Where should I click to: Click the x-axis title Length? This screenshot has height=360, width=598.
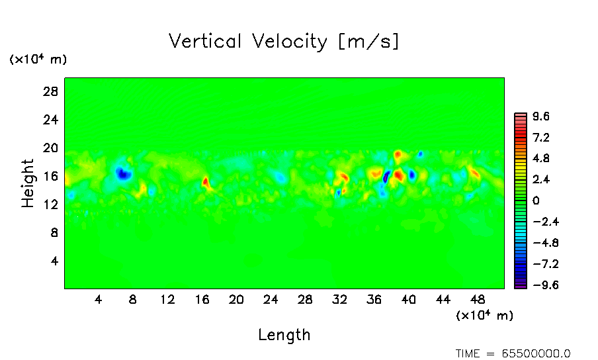[284, 335]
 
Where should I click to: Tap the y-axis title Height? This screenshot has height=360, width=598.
[28, 183]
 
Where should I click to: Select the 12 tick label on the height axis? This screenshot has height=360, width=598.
[51, 204]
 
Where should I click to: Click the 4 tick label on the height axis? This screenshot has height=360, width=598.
[55, 261]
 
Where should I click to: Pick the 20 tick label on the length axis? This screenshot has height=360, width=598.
[236, 299]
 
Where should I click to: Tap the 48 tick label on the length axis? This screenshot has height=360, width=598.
[477, 299]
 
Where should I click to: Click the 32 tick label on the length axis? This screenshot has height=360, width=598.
[339, 299]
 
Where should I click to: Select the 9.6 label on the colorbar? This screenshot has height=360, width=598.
[541, 116]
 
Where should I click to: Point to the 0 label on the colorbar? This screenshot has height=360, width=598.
[536, 201]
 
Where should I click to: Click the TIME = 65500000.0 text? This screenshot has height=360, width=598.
[513, 353]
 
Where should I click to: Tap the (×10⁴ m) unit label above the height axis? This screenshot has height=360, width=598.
[38, 60]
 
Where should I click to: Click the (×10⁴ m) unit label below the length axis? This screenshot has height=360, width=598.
[485, 315]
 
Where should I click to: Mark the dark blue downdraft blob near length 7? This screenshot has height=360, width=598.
[123, 173]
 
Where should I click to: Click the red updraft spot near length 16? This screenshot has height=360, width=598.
[205, 181]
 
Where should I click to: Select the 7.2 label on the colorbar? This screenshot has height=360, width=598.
[541, 138]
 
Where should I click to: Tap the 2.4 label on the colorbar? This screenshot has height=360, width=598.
[541, 179]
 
